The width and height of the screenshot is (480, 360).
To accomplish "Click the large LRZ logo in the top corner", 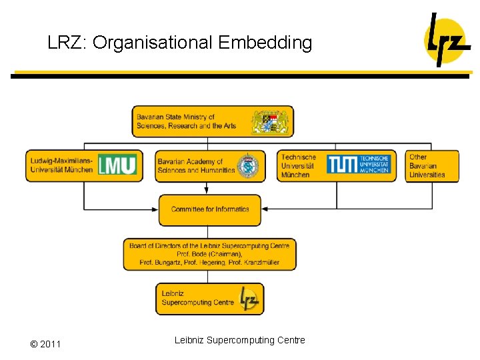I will click(447, 39).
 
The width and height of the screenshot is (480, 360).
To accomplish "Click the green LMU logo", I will click(117, 165).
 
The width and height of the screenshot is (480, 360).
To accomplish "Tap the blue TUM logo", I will click(359, 165).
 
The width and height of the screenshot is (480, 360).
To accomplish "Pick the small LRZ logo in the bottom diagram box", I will click(249, 298).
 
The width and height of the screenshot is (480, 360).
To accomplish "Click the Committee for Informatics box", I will click(210, 209).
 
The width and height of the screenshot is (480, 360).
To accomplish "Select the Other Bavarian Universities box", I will click(432, 166).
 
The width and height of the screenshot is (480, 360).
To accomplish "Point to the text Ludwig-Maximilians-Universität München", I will click(61, 165).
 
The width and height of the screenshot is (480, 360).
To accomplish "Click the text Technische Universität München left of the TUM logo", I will click(298, 166).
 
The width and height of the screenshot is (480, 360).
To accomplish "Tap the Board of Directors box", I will click(209, 254).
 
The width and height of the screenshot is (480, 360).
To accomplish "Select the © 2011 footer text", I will click(45, 344).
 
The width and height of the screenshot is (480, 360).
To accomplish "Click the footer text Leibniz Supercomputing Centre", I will click(240, 340).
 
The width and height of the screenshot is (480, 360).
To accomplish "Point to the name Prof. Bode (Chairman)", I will click(209, 254).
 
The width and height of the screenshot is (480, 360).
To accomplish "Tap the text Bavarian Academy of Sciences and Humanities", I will click(196, 166).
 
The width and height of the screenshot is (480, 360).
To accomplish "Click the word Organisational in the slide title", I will click(153, 43).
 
